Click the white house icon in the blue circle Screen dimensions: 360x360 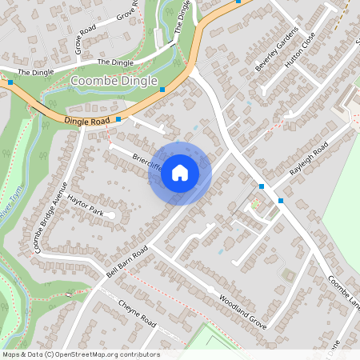(x=180, y=173)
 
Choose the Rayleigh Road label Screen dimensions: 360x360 (x=309, y=163)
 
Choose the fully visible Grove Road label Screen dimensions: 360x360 (x=84, y=38)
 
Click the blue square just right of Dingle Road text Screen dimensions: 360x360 (x=118, y=119)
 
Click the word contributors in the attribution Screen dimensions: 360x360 (x=141, y=354)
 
